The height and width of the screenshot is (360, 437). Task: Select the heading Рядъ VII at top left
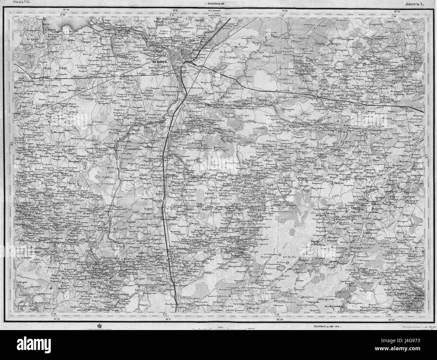pyautogui.click(x=18, y=2)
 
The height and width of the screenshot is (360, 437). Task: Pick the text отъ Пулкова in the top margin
pyautogui.click(x=215, y=15)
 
